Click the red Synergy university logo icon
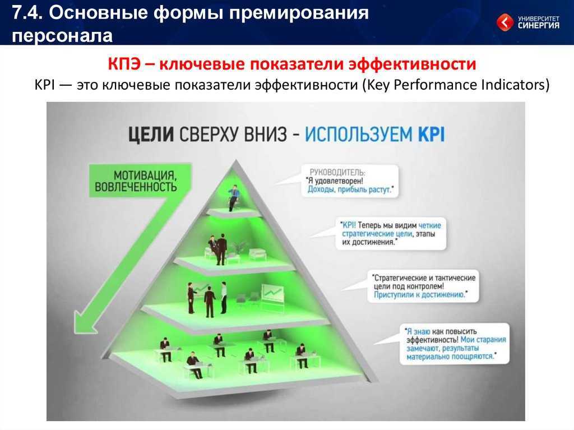(505, 22)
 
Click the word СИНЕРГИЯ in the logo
(539, 25)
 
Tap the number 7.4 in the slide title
(27, 13)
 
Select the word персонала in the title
(62, 35)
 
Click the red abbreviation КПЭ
(124, 64)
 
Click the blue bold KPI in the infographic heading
(431, 134)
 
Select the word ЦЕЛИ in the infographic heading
(151, 134)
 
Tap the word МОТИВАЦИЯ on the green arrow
(145, 175)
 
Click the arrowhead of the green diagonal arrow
(84, 322)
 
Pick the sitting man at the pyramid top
(233, 197)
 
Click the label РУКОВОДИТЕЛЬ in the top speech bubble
(337, 172)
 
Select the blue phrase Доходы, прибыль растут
(350, 189)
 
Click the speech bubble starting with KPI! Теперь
(391, 234)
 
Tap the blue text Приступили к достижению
(419, 294)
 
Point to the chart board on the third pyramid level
(272, 294)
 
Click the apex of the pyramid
(236, 160)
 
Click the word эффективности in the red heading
(412, 64)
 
